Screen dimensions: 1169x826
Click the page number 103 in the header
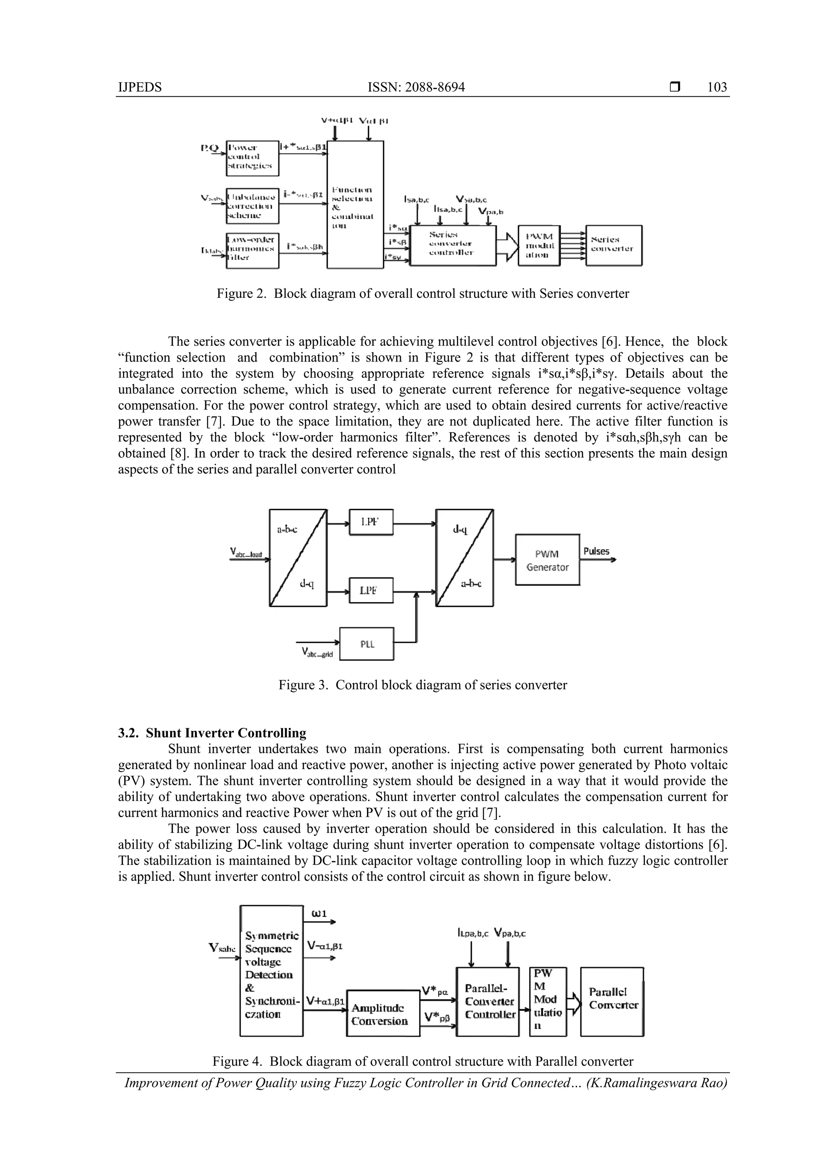(x=717, y=87)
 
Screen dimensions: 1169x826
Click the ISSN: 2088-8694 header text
(x=416, y=87)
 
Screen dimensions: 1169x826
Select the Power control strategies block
(x=252, y=158)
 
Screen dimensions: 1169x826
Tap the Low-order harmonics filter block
(x=252, y=250)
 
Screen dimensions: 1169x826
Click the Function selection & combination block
(x=355, y=205)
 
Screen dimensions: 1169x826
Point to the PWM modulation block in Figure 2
(x=539, y=245)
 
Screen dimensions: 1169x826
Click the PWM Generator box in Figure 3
(x=547, y=560)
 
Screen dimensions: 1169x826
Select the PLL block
(x=367, y=644)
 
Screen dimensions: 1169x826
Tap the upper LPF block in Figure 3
(x=371, y=522)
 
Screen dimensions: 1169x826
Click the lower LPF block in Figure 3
(x=371, y=591)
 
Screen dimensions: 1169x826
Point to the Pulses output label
(x=596, y=551)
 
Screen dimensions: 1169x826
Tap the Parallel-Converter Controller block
(x=488, y=1002)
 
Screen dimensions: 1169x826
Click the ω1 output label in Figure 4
(x=319, y=914)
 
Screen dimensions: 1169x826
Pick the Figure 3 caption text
(x=422, y=685)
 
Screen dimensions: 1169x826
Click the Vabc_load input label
(x=246, y=552)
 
